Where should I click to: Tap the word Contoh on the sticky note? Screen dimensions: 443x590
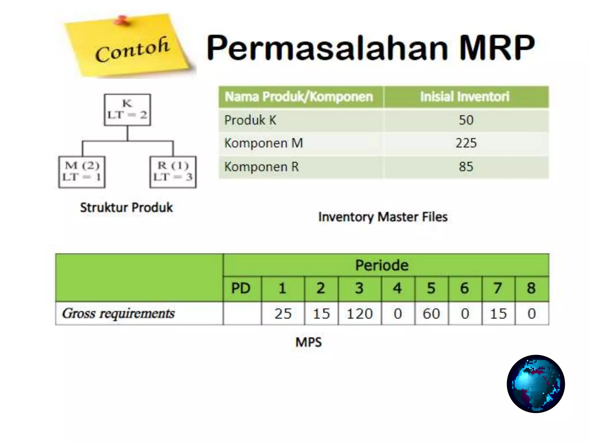click(x=132, y=50)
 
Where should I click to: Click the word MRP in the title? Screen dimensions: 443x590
click(x=497, y=48)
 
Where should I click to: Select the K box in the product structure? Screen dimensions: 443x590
click(x=127, y=110)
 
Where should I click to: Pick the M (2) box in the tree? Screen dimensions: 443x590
click(x=82, y=172)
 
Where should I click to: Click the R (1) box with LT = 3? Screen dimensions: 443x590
click(x=173, y=172)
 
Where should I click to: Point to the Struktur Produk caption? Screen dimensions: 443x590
click(x=126, y=208)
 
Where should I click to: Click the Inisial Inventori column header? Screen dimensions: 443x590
click(x=465, y=97)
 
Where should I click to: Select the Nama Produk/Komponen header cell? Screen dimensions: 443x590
click(x=299, y=97)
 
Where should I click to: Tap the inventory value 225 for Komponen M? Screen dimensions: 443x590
click(x=466, y=143)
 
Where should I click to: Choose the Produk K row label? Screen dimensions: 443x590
click(x=250, y=120)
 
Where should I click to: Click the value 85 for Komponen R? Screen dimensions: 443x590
click(x=466, y=167)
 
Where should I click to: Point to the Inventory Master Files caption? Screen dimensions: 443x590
click(x=383, y=217)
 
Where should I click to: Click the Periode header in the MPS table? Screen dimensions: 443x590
click(x=382, y=265)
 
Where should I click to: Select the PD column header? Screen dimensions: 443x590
click(x=241, y=288)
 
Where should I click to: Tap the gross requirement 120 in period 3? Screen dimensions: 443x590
click(x=360, y=314)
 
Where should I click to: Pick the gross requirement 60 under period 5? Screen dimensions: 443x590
click(x=431, y=314)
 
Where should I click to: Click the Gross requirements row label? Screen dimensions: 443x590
click(x=118, y=314)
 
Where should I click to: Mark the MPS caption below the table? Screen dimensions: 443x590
click(x=308, y=342)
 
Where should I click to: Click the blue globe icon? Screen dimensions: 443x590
click(x=536, y=384)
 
